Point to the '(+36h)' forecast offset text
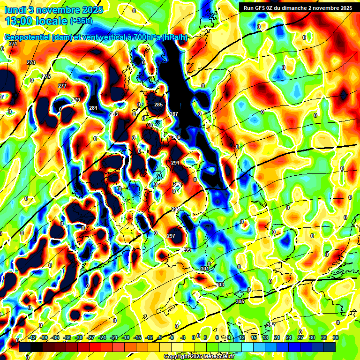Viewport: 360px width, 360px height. (81, 21)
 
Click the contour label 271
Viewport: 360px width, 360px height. (13, 44)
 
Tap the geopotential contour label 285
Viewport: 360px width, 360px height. (158, 105)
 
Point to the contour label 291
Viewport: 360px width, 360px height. (175, 163)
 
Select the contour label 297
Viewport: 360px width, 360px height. (171, 236)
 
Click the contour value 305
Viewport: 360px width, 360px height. (240, 301)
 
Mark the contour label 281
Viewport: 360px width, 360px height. (93, 108)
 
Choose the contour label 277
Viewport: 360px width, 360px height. (62, 86)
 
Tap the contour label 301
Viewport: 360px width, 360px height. (204, 269)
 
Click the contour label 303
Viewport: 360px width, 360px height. (220, 285)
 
